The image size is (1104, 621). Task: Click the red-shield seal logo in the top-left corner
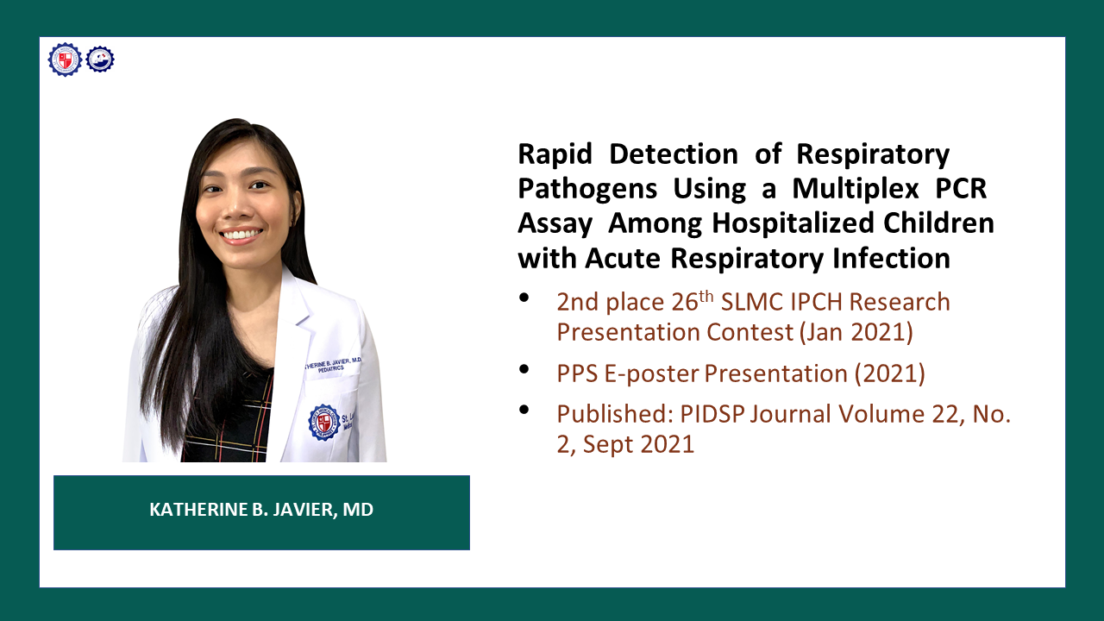point(65,60)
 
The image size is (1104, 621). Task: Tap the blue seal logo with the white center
point(100,60)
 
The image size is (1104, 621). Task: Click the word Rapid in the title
point(555,154)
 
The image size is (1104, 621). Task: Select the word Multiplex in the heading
point(855,189)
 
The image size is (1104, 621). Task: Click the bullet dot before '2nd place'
point(524,298)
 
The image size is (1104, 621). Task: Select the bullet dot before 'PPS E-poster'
point(524,369)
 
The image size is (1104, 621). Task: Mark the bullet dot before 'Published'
point(524,410)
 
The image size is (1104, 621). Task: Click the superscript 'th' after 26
point(706,297)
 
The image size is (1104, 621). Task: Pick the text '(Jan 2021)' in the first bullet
point(856,332)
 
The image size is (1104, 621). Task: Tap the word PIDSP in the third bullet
point(712,414)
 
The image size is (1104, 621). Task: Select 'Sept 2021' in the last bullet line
point(638,444)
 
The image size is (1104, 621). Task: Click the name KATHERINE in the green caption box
point(199,510)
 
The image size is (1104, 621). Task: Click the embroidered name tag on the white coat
point(332,365)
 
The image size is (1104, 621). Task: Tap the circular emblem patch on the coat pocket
point(323,423)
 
